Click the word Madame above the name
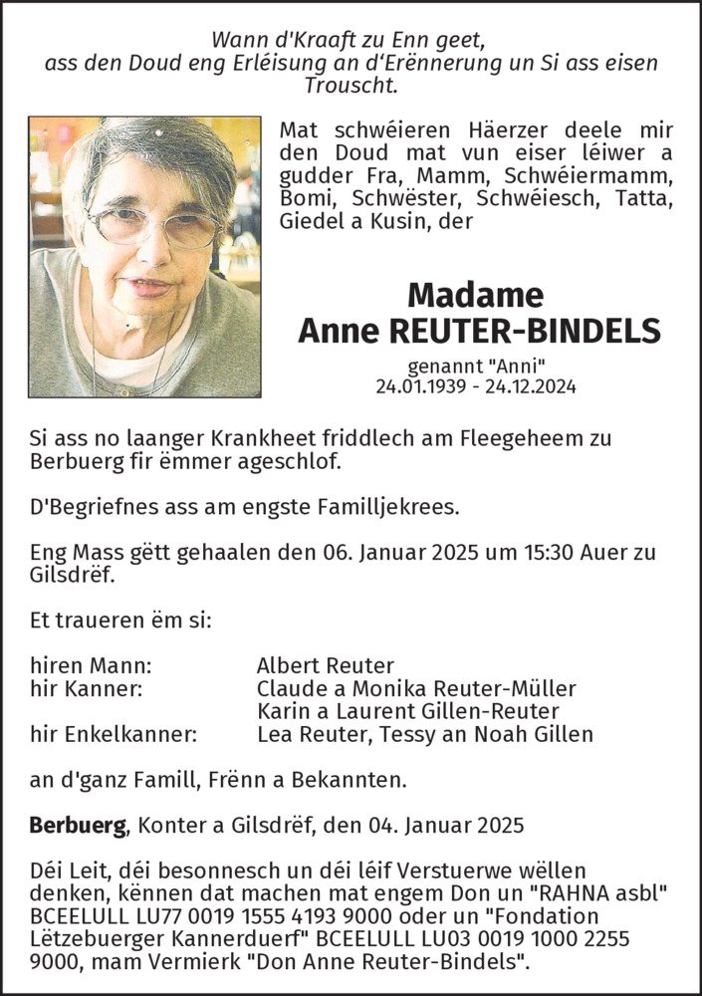pyautogui.click(x=476, y=295)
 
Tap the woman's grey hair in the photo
pyautogui.click(x=149, y=149)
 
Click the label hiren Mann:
pyautogui.click(x=91, y=665)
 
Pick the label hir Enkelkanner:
pyautogui.click(x=113, y=735)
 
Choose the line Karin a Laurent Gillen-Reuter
pyautogui.click(x=407, y=711)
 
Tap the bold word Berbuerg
pyautogui.click(x=79, y=826)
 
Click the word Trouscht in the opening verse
pyautogui.click(x=351, y=85)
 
